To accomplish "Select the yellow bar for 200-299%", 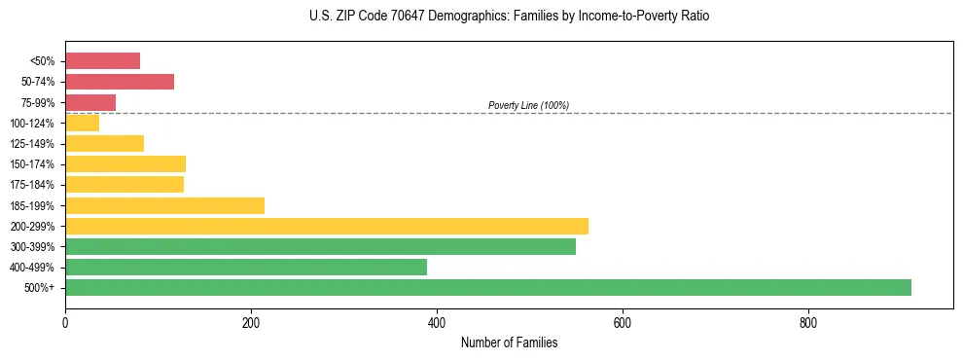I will (x=327, y=226).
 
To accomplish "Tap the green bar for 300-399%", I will (x=320, y=246).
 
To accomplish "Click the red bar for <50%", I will (x=102, y=61).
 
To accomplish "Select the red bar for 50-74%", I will (x=120, y=82).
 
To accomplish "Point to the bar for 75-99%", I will (x=90, y=102).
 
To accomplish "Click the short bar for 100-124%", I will (x=82, y=123).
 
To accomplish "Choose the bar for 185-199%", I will (x=164, y=205).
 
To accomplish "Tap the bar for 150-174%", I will (x=125, y=163).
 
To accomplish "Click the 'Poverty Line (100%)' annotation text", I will (x=528, y=105).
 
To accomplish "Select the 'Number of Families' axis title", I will (x=509, y=343).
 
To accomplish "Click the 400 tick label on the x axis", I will (x=437, y=322).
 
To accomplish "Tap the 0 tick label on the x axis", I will (x=65, y=322).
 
